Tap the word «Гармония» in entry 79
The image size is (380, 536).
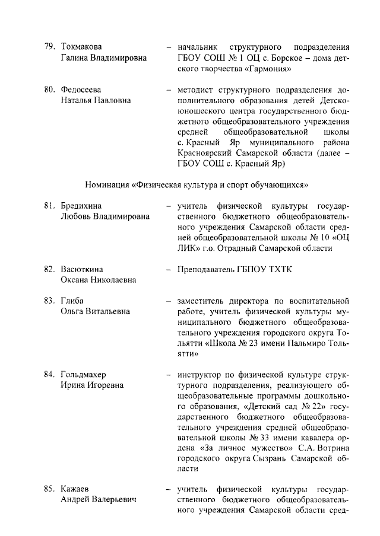click(x=264, y=69)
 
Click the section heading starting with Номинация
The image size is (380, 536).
click(x=197, y=184)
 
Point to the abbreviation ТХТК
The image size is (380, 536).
click(x=279, y=269)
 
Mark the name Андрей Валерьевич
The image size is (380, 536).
click(x=99, y=500)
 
